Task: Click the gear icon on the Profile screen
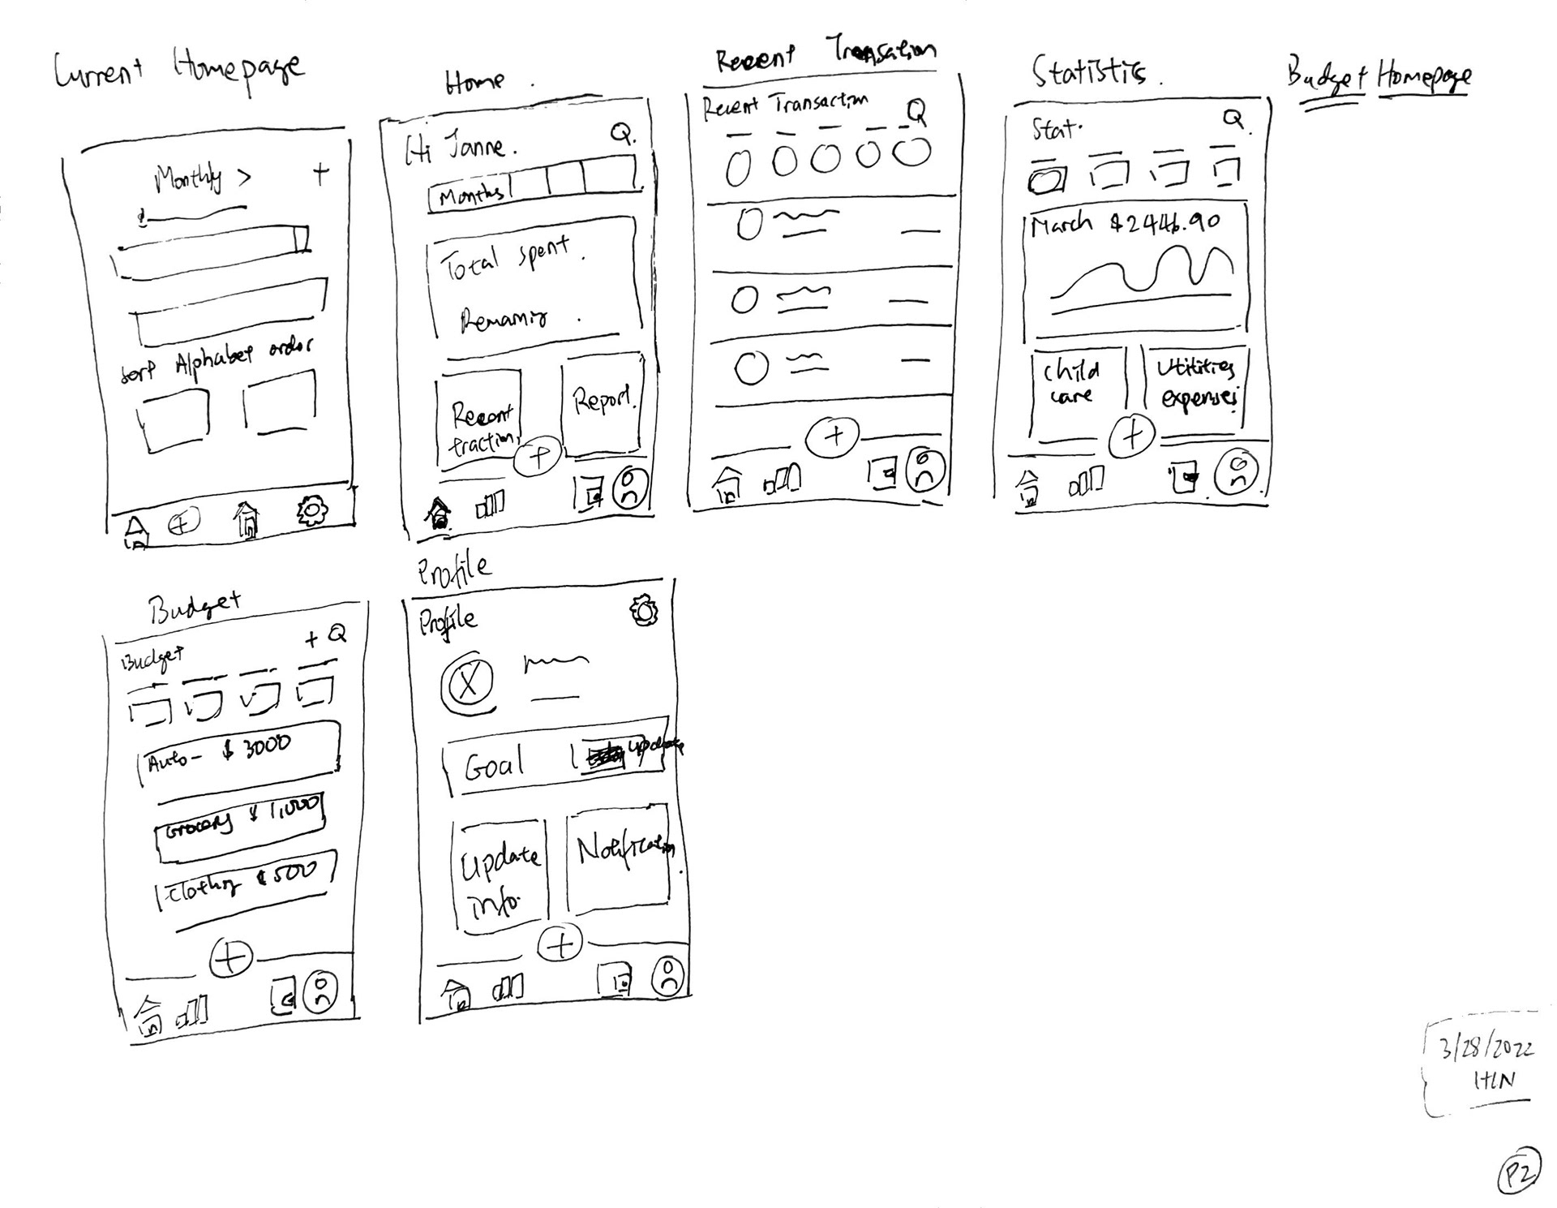tap(644, 611)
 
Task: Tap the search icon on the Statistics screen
tap(1233, 119)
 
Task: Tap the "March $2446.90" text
tap(1126, 223)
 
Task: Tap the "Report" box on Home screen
tap(603, 404)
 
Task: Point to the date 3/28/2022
tap(1486, 1049)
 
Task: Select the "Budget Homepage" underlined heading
tap(1379, 77)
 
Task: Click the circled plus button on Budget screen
tap(230, 958)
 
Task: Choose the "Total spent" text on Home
tap(504, 258)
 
